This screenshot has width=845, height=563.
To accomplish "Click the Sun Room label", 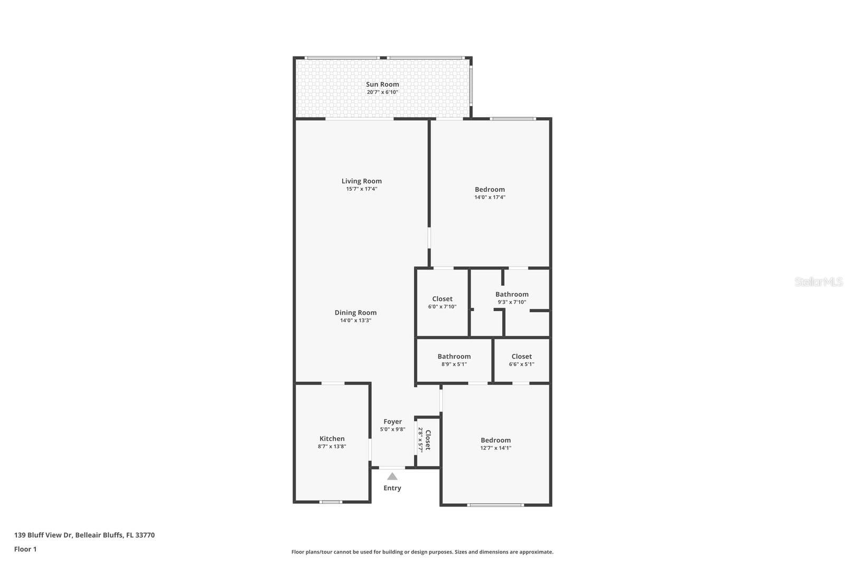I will click(382, 84).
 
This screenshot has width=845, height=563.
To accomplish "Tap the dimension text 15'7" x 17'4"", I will click(361, 189).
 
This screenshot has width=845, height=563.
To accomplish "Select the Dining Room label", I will click(355, 312).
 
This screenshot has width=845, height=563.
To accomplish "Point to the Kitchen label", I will click(332, 438).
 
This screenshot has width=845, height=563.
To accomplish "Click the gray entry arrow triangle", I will click(392, 476).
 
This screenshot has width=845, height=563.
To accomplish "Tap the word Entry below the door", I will click(392, 488).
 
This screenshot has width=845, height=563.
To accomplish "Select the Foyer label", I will click(392, 421).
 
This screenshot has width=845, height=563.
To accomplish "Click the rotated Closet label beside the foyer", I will click(428, 440).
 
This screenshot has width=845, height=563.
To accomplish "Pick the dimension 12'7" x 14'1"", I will click(495, 448).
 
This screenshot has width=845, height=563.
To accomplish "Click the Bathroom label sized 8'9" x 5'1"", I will click(454, 356).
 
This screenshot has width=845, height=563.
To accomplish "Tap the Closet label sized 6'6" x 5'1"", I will click(521, 356).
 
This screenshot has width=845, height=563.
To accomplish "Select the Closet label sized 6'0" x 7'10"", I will click(442, 299).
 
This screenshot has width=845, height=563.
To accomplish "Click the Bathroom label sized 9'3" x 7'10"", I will click(512, 294).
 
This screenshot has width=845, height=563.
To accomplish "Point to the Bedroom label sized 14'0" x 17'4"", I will click(490, 189).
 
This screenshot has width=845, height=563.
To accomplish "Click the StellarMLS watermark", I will click(818, 281).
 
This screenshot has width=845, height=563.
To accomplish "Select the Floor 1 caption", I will click(25, 549).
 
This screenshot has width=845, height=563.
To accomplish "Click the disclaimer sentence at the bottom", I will click(422, 552).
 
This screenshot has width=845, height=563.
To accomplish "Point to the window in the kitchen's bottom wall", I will click(331, 502).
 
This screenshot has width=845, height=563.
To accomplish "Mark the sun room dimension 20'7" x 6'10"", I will click(382, 92).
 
